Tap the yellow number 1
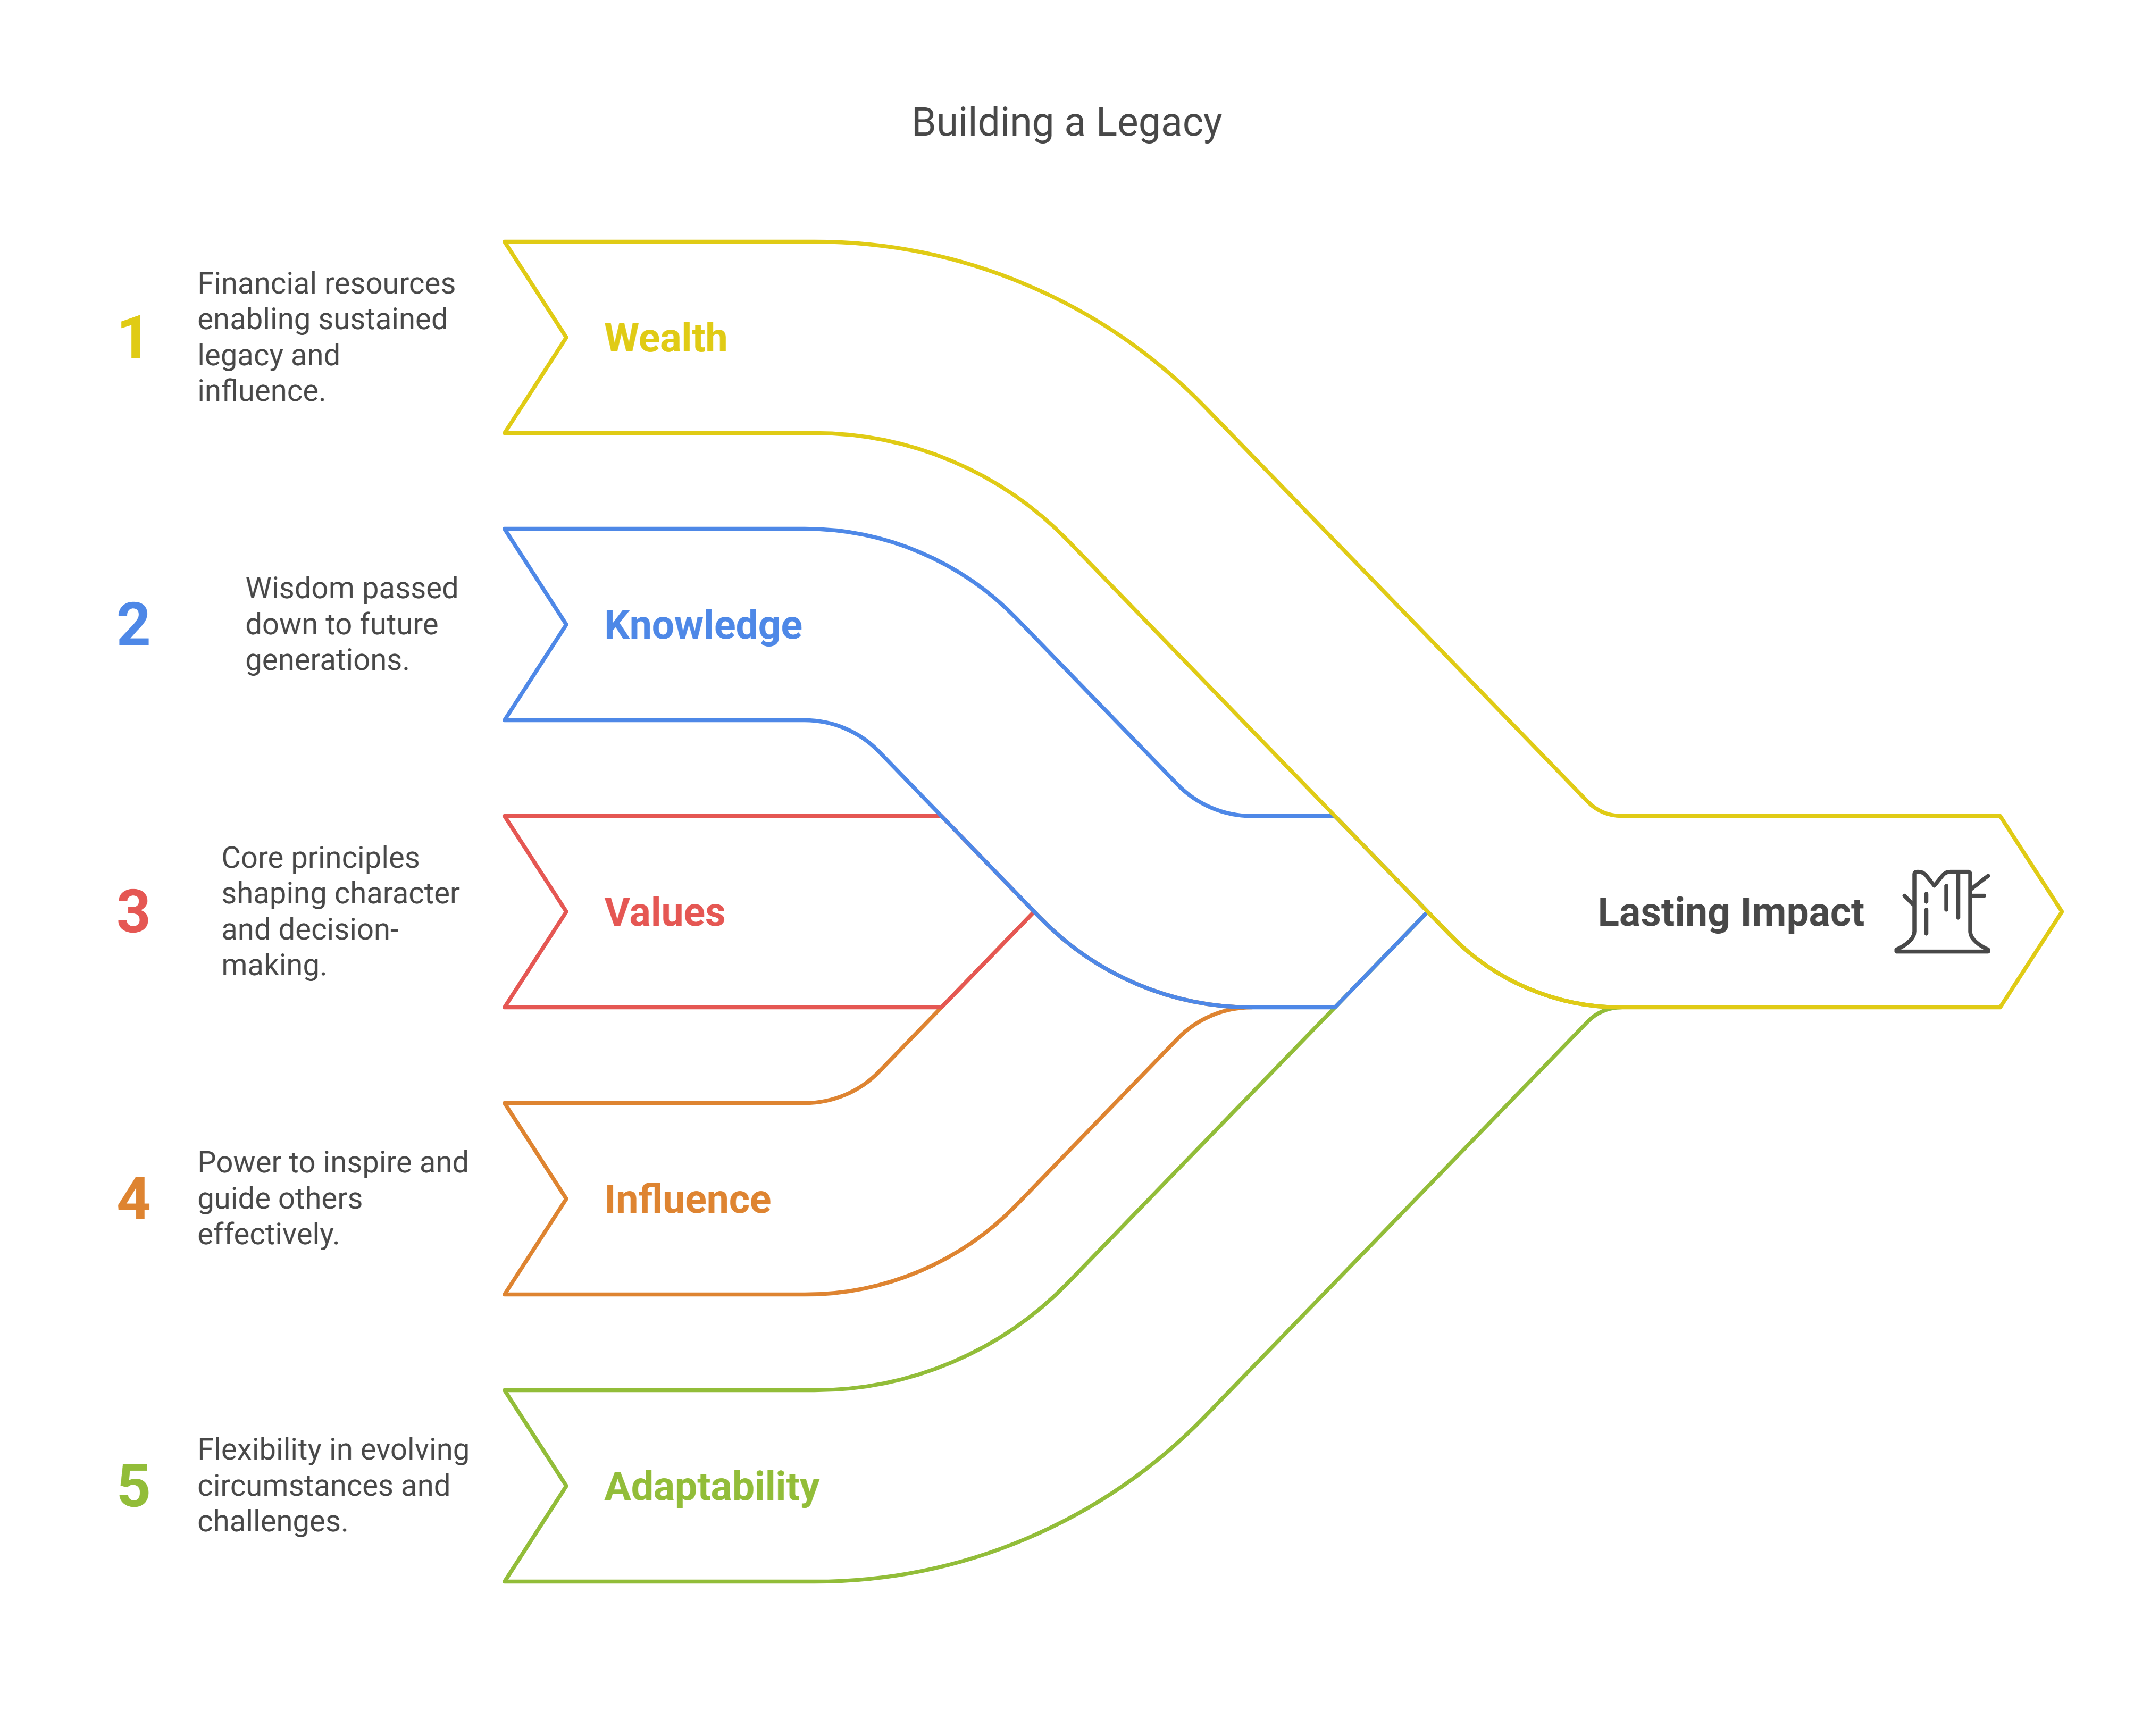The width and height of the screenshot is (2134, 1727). click(132, 338)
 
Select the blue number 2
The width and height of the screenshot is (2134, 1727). click(133, 625)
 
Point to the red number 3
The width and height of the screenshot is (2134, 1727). click(133, 911)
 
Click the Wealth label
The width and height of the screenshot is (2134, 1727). click(666, 338)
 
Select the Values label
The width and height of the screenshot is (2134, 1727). click(665, 912)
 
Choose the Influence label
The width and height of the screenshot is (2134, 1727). click(688, 1199)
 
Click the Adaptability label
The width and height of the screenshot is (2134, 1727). click(712, 1486)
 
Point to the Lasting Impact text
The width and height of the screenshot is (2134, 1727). click(1730, 912)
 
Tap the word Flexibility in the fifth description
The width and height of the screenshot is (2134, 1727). click(258, 1449)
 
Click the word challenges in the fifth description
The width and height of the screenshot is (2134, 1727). click(272, 1521)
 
